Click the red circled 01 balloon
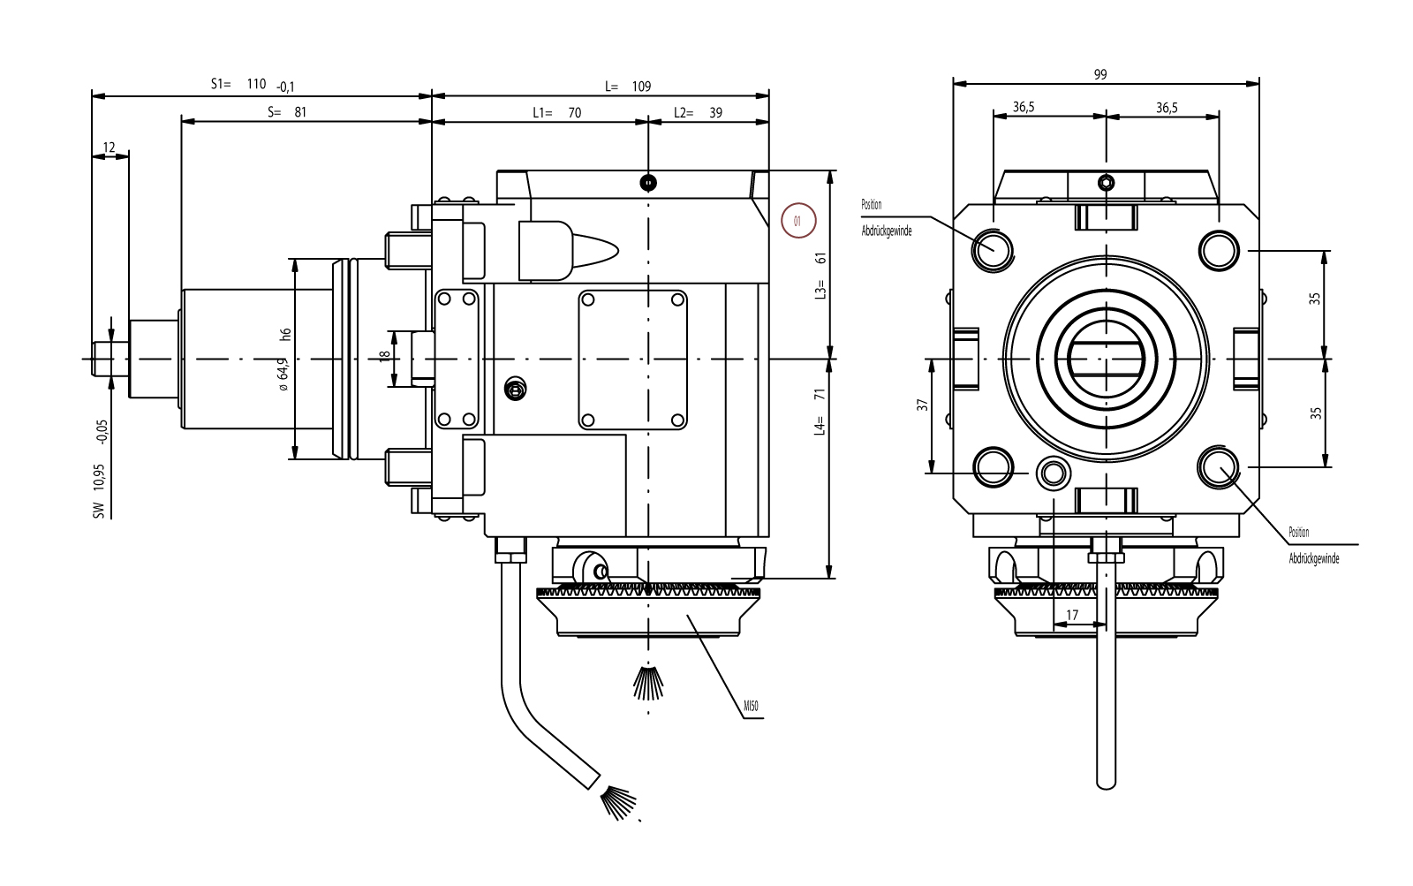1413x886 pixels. coord(798,221)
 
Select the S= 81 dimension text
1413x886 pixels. coord(286,112)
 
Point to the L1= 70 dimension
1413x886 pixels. coord(556,113)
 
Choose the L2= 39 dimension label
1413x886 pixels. coord(697,113)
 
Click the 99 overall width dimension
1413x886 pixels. coord(1099,75)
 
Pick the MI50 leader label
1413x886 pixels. coord(752,707)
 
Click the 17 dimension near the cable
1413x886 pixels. coord(1072,614)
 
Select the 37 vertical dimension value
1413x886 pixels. coord(922,405)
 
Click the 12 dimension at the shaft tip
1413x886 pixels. coord(110,148)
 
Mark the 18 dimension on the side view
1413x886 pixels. coord(383,356)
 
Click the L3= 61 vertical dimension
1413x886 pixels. coord(820,275)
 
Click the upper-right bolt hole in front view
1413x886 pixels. coord(1218,248)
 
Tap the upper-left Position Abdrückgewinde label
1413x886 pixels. coord(885,217)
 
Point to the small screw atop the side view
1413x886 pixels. coord(649,183)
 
